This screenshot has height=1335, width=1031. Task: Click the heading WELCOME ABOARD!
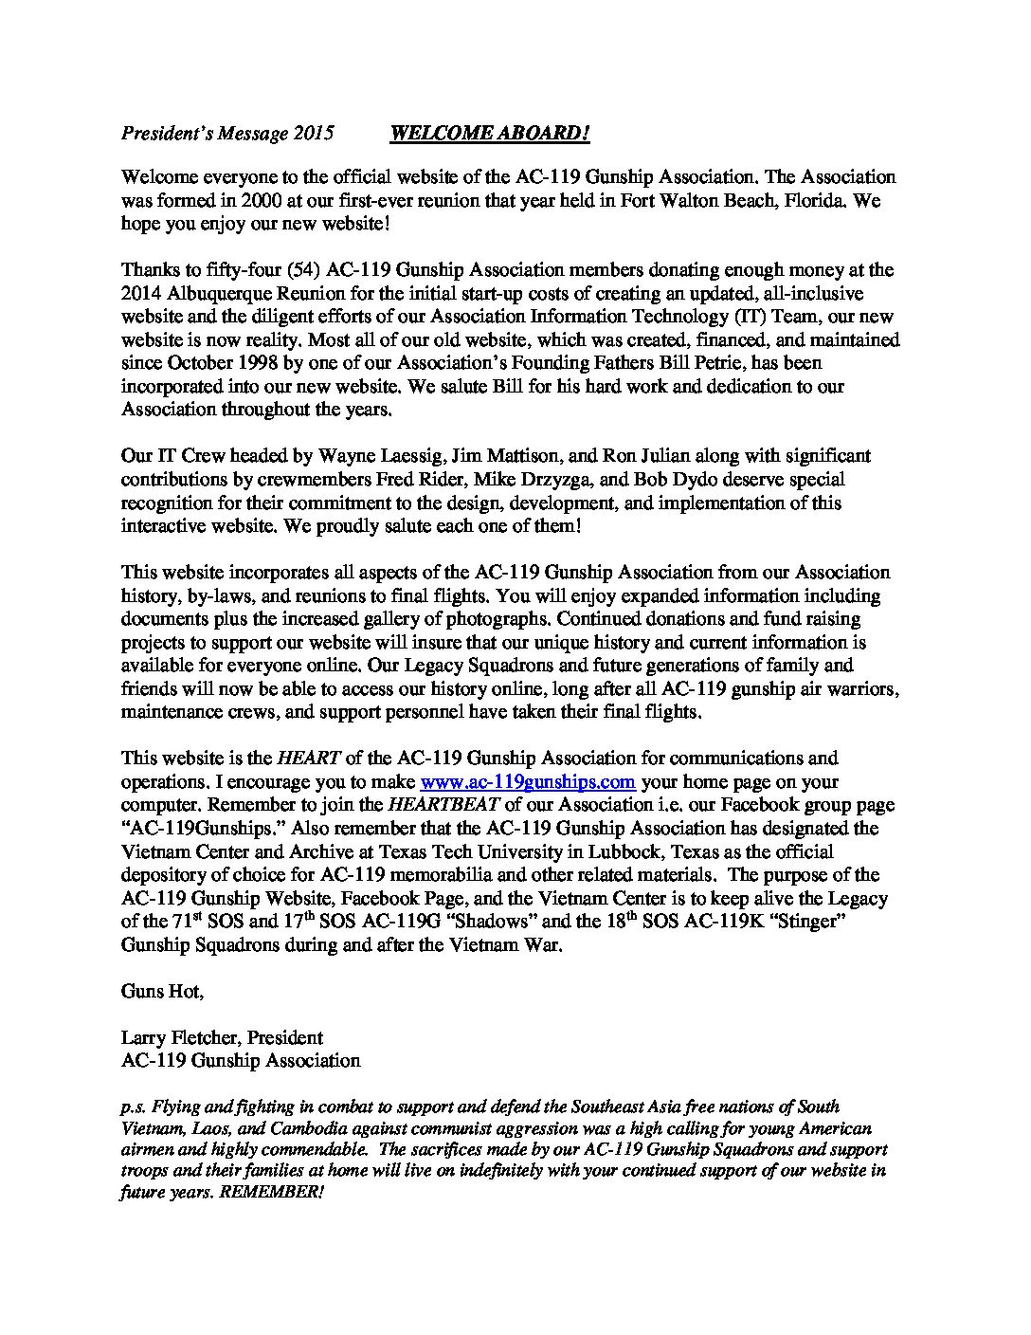[x=490, y=134]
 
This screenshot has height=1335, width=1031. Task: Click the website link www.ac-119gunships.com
[x=527, y=782]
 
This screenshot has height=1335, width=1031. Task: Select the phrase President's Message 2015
[x=227, y=134]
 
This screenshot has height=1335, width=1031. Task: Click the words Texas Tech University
[x=503, y=851]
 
